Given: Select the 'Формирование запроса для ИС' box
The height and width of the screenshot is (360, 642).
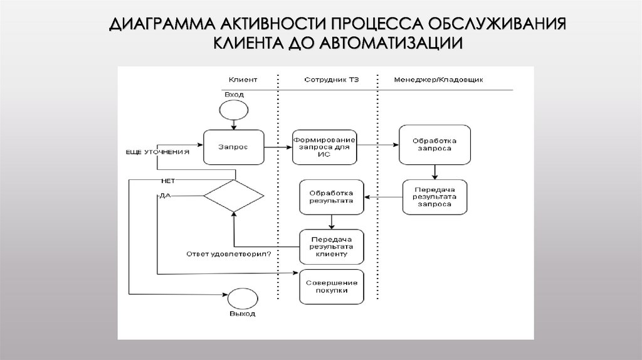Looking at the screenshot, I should tap(324, 147).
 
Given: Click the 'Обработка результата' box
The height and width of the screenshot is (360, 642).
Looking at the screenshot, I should tap(331, 197).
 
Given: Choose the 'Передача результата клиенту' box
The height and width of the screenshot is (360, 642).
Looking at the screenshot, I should tap(331, 246).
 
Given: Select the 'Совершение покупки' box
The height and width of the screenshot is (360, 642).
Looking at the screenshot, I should tap(331, 286).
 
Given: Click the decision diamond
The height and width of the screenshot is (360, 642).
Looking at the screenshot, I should tap(234, 196).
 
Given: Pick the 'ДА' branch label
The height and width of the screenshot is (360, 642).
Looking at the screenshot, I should tap(165, 196).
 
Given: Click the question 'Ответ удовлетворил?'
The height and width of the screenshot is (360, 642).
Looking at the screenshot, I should tap(228, 254).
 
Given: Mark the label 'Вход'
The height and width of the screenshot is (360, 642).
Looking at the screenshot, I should tap(234, 94).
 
